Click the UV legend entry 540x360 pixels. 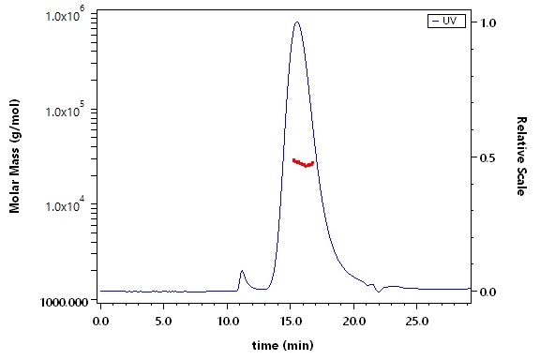446,21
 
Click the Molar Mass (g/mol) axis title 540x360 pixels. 14,157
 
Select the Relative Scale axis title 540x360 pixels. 522,157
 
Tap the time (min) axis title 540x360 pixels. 283,345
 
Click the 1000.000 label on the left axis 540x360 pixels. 64,302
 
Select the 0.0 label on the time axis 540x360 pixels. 100,322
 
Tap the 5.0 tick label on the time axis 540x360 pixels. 163,322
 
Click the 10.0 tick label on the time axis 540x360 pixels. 227,322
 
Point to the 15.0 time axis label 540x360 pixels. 290,322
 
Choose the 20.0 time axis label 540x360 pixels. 353,322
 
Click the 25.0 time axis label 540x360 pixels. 417,322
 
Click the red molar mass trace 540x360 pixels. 303,163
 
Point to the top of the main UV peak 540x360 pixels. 297,22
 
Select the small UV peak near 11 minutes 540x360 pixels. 242,271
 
